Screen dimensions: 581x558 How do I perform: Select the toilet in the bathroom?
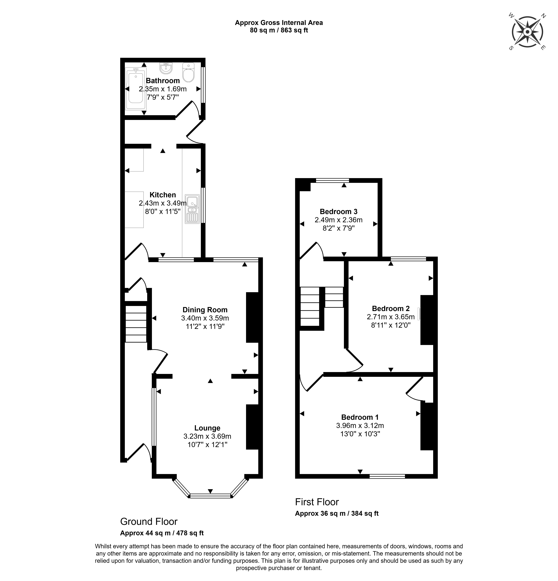pos(188,73)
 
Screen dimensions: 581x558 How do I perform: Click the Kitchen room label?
pos(163,195)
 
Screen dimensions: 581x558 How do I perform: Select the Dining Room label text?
pos(205,310)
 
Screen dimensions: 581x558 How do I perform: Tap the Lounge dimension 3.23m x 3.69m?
pos(207,436)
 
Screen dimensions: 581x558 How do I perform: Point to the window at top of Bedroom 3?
pos(332,180)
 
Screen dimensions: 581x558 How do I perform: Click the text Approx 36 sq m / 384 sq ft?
pos(337,513)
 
